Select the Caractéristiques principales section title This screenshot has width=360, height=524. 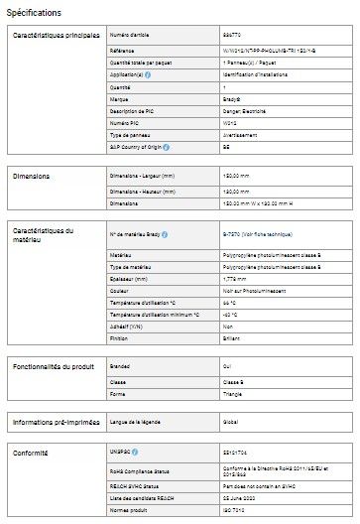coord(56,37)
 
